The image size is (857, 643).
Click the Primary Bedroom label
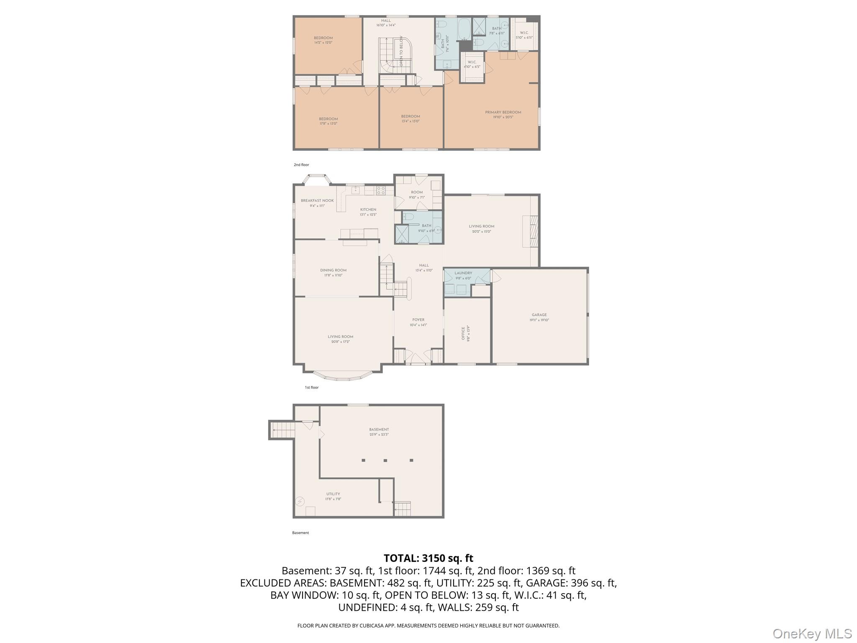coord(503,112)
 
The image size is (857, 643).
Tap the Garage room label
coord(539,315)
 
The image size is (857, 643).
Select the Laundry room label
coord(463,273)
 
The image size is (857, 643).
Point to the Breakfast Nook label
coord(317,201)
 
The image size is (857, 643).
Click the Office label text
coord(463,333)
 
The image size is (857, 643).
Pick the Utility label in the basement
coord(333,494)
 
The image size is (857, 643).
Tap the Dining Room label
coord(333,270)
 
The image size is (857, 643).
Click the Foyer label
coord(418,320)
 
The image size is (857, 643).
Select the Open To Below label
coord(401,51)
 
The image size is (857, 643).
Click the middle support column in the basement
coord(385,460)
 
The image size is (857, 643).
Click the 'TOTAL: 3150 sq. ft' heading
coord(428,558)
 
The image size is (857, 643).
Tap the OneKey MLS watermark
coord(812,634)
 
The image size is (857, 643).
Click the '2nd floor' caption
coord(301,165)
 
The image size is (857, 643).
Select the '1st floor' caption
coord(311,388)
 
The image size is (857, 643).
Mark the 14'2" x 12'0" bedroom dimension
coord(323,43)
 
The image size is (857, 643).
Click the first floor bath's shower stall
coord(402,234)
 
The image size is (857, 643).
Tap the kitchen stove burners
coord(381,190)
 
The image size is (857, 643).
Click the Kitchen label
coord(368,210)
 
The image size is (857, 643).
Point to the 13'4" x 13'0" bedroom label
coord(410,116)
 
